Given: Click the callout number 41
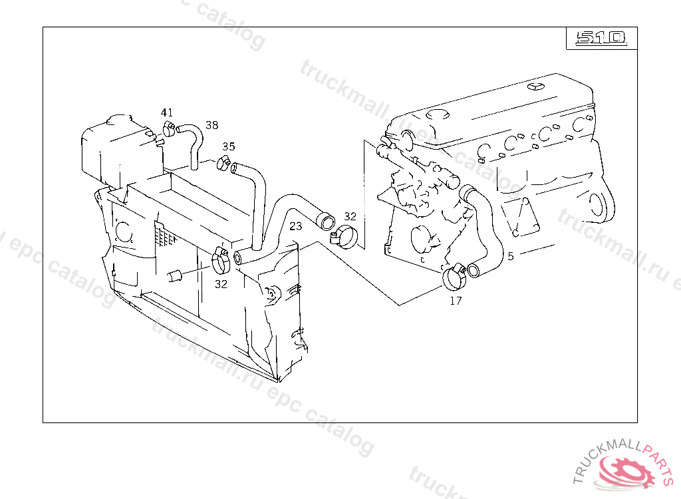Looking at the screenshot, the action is (167, 112).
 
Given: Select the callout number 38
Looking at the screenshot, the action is (212, 125).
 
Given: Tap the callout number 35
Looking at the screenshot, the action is (229, 146).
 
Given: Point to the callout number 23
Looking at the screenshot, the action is (296, 226).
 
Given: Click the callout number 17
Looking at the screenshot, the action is (456, 300).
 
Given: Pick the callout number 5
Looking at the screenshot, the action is (511, 256).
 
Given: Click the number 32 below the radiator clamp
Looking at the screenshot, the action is (221, 284).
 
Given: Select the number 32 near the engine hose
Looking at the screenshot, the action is (350, 216).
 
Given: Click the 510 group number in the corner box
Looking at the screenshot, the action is (601, 38).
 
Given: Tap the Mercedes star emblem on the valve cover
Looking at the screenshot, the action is (535, 86).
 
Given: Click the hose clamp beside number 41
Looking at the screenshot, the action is (168, 128).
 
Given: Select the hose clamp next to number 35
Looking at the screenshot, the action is (223, 162).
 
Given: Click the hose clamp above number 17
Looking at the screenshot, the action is (455, 277).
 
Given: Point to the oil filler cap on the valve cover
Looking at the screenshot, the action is (438, 114).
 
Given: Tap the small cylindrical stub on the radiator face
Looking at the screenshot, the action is (174, 275).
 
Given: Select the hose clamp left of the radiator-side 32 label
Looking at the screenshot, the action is (221, 261).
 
